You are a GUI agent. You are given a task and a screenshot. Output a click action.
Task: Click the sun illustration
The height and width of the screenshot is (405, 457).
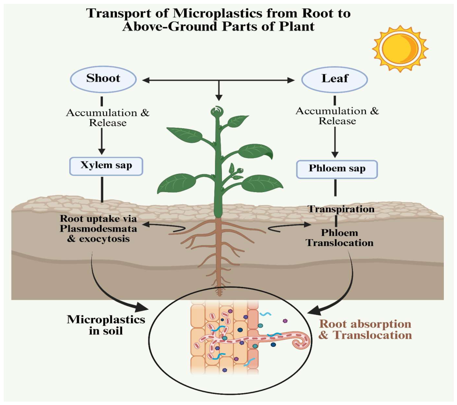tap(400, 48)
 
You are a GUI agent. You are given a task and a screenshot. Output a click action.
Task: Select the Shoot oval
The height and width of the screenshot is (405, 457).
tap(103, 79)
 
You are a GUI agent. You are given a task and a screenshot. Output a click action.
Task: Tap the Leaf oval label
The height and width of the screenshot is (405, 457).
tap(335, 79)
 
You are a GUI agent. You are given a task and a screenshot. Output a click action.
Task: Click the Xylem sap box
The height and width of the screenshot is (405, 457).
tap(106, 166)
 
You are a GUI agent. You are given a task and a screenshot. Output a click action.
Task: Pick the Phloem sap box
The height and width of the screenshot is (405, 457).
tap(337, 169)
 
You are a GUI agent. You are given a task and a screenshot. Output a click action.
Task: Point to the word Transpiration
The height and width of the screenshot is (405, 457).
tap(341, 209)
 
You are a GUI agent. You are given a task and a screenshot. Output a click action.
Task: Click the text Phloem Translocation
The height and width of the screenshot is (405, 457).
tap(340, 238)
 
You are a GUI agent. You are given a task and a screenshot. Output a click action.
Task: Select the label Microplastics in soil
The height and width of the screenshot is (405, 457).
tap(106, 325)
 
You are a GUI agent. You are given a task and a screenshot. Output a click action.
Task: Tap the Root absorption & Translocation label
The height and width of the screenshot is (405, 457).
tap(365, 329)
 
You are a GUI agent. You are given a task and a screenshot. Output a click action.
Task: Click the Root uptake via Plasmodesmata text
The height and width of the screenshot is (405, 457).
tap(98, 224)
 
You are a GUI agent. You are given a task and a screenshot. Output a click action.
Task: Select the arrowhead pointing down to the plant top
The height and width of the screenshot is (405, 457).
tap(219, 97)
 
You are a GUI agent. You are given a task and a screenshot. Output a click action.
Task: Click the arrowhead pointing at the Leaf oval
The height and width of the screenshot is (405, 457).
tap(291, 80)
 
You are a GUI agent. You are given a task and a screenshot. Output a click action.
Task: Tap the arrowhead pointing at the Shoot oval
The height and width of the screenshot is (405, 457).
tap(146, 80)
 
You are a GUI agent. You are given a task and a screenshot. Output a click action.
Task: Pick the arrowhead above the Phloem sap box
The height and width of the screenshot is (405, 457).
tap(335, 154)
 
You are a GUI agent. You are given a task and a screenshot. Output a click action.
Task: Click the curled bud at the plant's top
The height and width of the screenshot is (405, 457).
tap(217, 112)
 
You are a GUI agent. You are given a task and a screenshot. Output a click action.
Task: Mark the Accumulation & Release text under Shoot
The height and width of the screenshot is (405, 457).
tap(108, 117)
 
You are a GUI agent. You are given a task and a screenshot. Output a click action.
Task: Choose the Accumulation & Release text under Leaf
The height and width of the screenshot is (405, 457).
tap(337, 116)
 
